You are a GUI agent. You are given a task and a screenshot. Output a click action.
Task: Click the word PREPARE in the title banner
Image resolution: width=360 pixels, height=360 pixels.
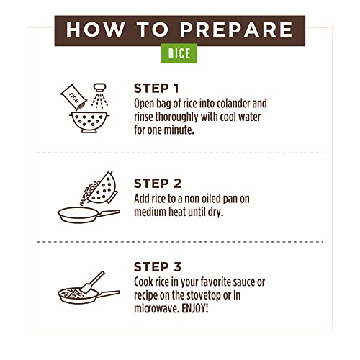[236, 30]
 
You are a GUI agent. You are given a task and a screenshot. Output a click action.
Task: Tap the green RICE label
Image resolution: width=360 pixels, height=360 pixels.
[179, 53]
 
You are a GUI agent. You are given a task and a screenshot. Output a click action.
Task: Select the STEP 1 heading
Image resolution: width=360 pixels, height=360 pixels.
[156, 89]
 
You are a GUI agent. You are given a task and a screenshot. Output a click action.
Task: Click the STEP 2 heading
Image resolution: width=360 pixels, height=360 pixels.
[158, 184]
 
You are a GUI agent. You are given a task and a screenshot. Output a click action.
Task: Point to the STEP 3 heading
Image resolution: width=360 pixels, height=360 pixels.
[158, 267]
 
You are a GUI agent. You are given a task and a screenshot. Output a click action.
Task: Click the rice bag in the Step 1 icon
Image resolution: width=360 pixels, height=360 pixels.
[74, 97]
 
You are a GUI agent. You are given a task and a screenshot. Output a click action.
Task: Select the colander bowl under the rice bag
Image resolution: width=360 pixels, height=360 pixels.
[89, 122]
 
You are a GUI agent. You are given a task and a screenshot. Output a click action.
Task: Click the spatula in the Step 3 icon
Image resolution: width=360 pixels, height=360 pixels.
[92, 282]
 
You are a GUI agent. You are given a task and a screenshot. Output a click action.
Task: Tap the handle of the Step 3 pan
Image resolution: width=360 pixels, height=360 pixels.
[109, 293]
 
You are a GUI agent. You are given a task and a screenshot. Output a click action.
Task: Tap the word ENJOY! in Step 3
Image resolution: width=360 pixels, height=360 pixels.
[195, 308]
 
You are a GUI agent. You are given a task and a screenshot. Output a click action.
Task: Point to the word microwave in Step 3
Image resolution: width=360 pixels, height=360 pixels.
[156, 309]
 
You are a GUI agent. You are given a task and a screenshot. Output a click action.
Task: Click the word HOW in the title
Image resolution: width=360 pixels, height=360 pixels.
[96, 30]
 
